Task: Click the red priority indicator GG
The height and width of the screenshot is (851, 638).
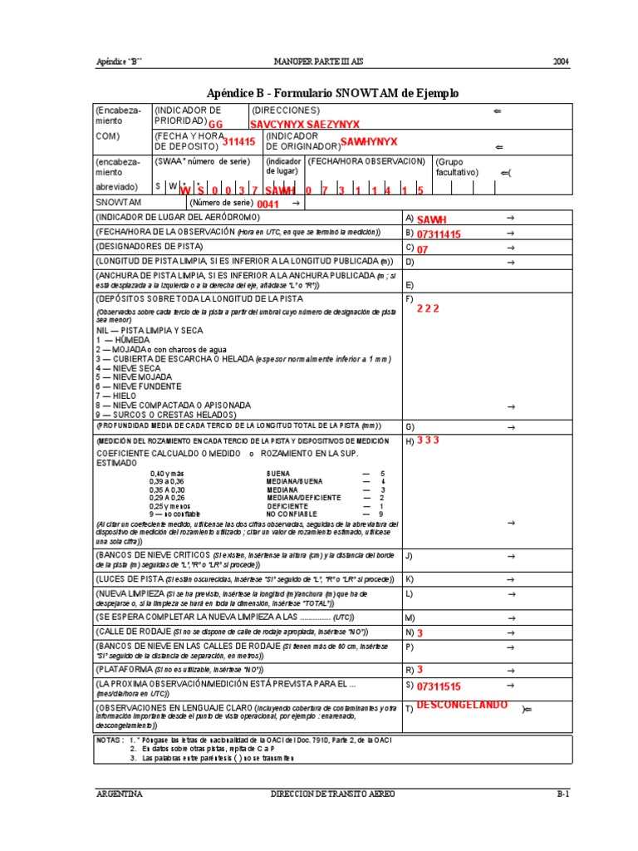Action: point(216,124)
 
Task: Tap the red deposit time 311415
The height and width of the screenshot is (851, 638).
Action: point(238,142)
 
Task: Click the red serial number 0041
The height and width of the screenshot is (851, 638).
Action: point(268,204)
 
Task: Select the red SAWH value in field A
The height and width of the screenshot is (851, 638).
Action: point(431,219)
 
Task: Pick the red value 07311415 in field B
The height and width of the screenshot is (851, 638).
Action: point(439,234)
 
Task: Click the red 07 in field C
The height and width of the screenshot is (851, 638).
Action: point(422,248)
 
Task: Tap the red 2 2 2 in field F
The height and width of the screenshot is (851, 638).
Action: point(428,307)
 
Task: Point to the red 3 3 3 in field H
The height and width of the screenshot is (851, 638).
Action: point(428,440)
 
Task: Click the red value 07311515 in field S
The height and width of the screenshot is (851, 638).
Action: point(439,686)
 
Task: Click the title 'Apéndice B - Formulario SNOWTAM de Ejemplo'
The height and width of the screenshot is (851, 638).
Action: point(331,93)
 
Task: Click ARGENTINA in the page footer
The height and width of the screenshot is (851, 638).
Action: point(120,794)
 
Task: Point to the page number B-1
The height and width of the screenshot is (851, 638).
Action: point(562,794)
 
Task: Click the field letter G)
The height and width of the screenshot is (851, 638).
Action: point(410,426)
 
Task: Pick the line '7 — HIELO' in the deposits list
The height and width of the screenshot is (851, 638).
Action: point(115,396)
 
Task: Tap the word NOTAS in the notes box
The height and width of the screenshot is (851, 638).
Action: point(110,739)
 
